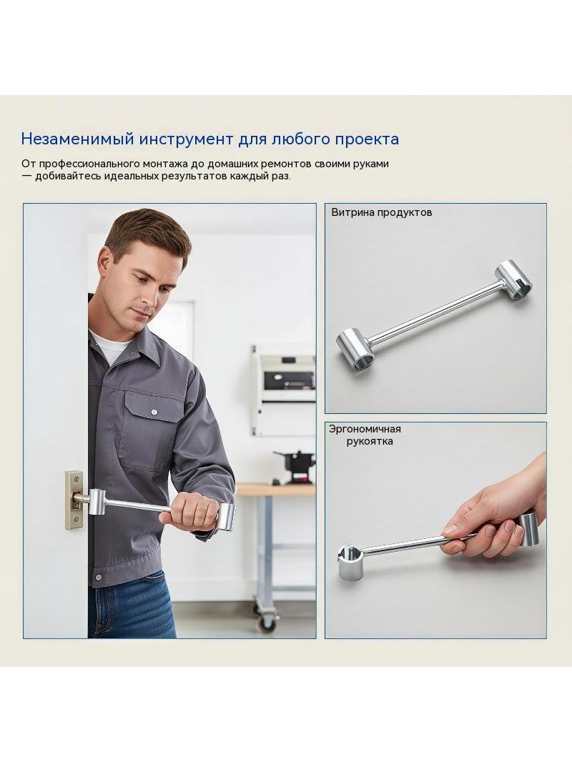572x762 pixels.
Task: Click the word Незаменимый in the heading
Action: click(78, 139)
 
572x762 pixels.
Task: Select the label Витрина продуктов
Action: click(382, 212)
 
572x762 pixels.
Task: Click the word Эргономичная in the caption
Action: click(365, 429)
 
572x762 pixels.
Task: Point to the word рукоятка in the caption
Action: click(370, 441)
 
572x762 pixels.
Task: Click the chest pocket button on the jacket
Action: click(154, 412)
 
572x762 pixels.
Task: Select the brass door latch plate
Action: click(74, 500)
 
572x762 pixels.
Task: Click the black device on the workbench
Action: click(295, 467)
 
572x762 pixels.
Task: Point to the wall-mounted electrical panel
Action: click(283, 390)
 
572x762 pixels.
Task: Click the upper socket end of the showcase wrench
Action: click(513, 277)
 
